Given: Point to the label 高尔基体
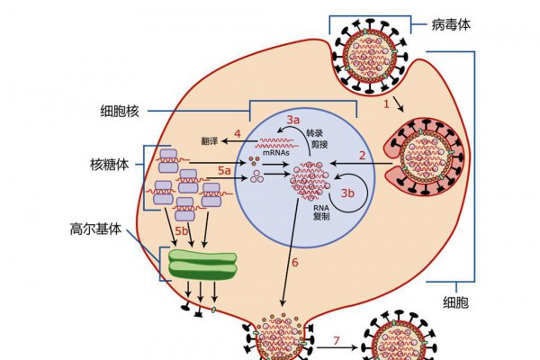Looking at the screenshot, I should (99, 229).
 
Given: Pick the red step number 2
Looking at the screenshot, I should (363, 154).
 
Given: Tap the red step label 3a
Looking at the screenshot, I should (293, 120).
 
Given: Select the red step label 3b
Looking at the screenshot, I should (348, 193).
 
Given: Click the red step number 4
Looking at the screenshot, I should (237, 134).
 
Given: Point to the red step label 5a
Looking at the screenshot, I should (225, 169).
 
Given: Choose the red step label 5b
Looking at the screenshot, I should (182, 233).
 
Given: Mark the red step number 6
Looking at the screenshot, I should (294, 263).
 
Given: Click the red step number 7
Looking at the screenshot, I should (337, 341).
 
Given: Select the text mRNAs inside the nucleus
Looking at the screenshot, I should (275, 152).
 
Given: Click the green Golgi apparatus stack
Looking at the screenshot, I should (202, 265).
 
